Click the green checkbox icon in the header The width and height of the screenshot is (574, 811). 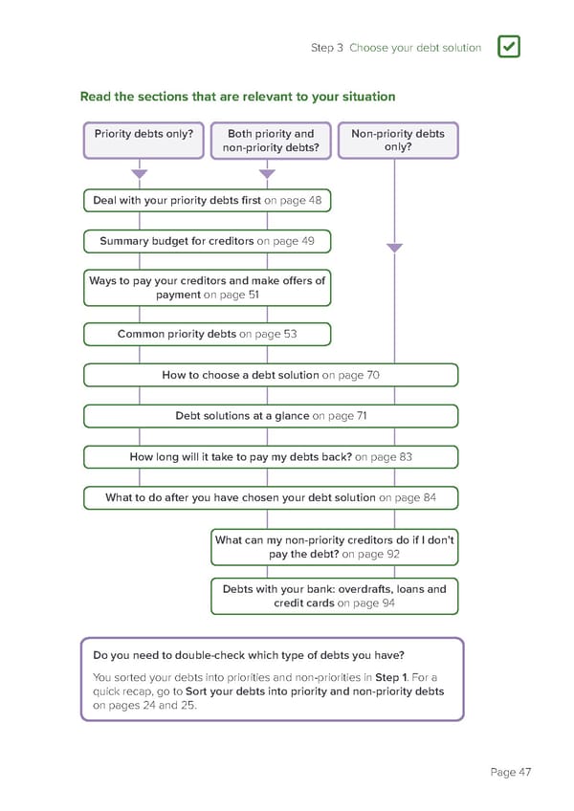click(x=509, y=47)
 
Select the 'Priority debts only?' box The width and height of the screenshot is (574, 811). click(x=143, y=140)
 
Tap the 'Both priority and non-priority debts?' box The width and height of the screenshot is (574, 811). click(x=271, y=141)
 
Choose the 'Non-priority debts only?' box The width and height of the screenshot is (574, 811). click(x=398, y=141)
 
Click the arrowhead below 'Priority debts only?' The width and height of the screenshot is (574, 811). click(x=140, y=174)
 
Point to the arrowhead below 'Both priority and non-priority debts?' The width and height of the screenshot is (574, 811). click(x=267, y=174)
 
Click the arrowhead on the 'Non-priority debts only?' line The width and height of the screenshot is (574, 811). click(x=394, y=248)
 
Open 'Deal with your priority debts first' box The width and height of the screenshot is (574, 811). click(x=207, y=201)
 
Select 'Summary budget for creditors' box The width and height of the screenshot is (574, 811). click(x=207, y=241)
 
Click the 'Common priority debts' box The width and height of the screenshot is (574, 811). click(x=207, y=334)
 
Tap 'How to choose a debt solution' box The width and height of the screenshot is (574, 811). click(x=271, y=375)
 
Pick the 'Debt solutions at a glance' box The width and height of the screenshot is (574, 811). click(x=271, y=416)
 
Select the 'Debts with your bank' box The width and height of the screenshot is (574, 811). click(x=335, y=596)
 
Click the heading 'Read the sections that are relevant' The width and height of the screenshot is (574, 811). click(x=237, y=97)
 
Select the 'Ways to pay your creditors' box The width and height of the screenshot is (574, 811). click(x=207, y=288)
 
